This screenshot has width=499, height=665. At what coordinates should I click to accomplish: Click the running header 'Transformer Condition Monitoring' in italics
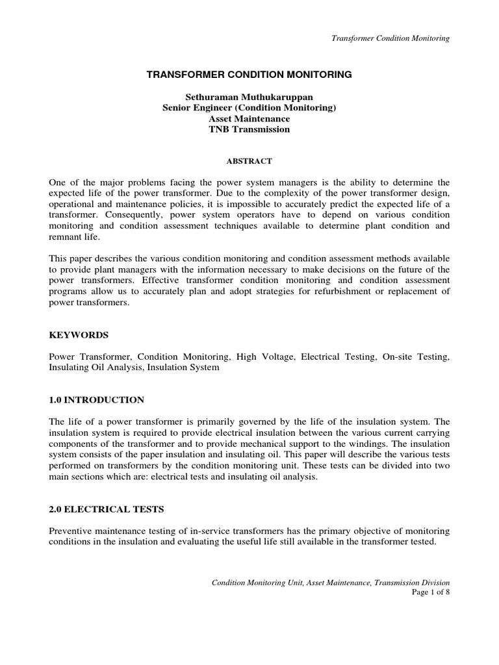click(390, 38)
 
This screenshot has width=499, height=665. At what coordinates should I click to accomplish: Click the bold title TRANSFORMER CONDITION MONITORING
click(249, 75)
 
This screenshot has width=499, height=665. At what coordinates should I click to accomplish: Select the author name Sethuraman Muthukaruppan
click(249, 97)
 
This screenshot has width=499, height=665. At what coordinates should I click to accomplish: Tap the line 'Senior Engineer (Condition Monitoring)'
click(249, 108)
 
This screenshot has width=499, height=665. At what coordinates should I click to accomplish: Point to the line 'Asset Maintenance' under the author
click(249, 119)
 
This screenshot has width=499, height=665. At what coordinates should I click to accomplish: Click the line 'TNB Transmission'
click(249, 129)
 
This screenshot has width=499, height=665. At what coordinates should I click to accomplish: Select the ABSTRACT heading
click(249, 160)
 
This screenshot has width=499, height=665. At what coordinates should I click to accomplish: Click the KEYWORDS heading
click(79, 335)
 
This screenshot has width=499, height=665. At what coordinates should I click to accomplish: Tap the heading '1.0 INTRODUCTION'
click(97, 399)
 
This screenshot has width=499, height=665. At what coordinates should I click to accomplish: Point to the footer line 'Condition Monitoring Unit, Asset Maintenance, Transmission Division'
click(331, 583)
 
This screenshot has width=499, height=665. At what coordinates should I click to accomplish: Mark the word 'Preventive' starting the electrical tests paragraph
click(71, 531)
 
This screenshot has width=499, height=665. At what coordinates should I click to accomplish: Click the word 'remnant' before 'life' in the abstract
click(66, 236)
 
